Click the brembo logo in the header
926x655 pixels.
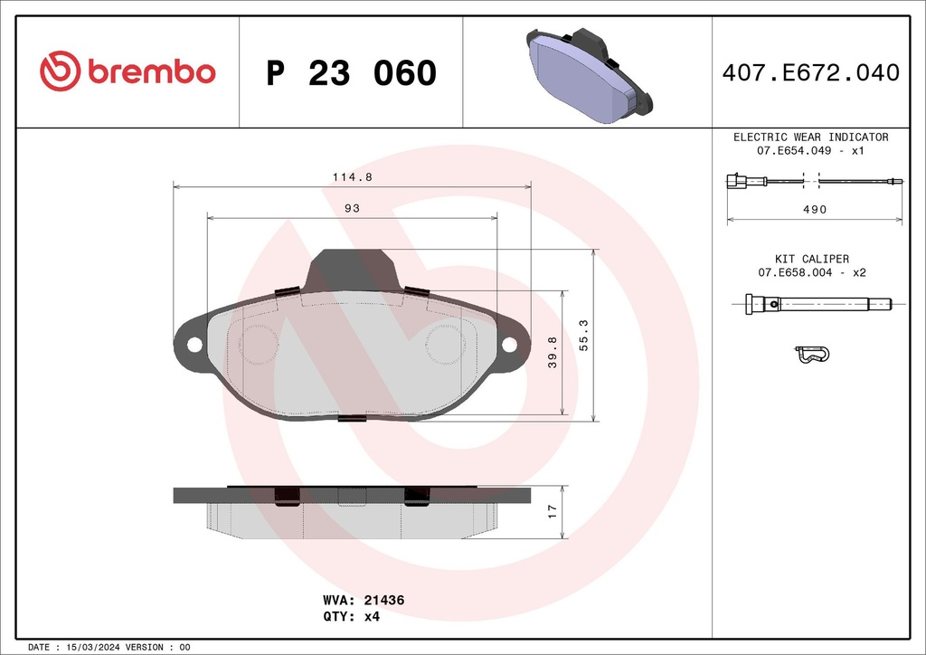pos(128,71)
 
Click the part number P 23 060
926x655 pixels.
pos(352,73)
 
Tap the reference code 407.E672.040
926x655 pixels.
pos(810,72)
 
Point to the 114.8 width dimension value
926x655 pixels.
pos(352,177)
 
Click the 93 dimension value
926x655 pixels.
pos(352,209)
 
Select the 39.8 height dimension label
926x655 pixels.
pos(551,354)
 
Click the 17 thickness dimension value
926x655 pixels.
pos(552,513)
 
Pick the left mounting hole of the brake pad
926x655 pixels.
pos(193,345)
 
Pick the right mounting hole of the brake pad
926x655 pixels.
pos(509,345)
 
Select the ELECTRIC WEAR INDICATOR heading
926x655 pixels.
pos(810,137)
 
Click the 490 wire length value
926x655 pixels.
pos(816,209)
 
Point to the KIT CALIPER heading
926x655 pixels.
pos(811,259)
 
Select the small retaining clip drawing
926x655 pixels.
pos(811,355)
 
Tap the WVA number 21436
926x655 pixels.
pos(383,600)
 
